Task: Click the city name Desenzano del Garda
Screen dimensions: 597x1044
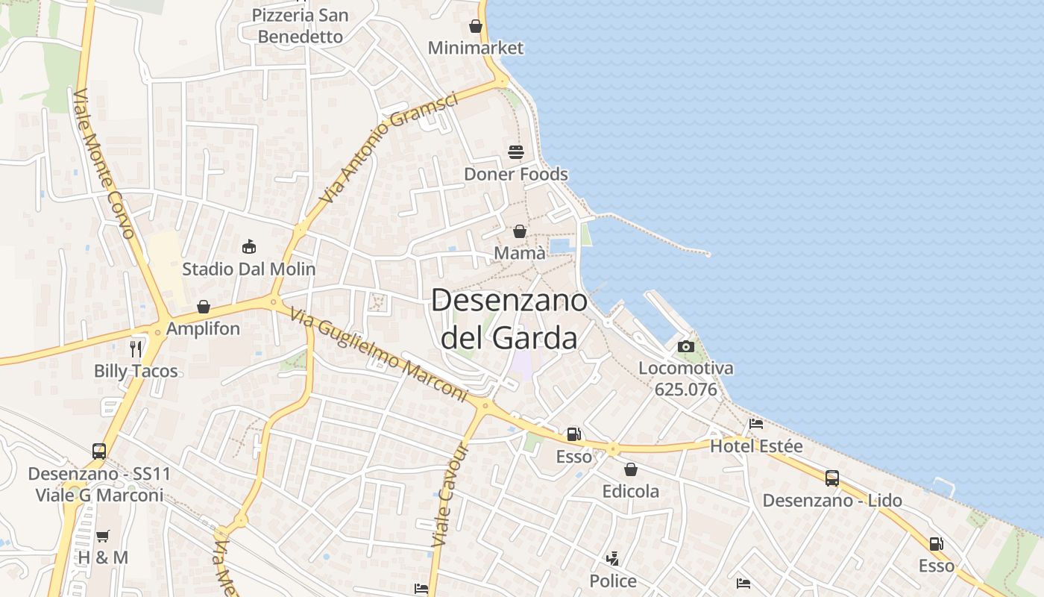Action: tap(509, 319)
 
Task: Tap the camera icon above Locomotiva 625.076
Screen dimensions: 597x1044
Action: tap(686, 346)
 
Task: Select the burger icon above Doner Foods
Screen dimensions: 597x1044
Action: tap(516, 152)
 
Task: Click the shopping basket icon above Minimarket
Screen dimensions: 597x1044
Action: tap(476, 26)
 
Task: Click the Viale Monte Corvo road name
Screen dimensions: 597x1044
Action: tap(104, 164)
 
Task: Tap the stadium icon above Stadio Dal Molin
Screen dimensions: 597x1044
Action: tap(249, 246)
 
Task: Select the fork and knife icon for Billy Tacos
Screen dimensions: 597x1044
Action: tap(136, 348)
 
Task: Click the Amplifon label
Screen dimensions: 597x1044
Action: tap(203, 328)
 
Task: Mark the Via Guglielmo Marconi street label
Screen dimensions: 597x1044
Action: tap(378, 355)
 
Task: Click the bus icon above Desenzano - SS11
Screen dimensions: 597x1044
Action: tap(99, 451)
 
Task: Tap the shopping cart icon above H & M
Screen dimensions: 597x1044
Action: tap(103, 536)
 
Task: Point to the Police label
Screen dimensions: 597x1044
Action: tap(613, 581)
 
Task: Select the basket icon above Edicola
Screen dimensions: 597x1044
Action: tap(631, 469)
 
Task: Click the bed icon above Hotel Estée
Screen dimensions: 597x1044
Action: tap(756, 424)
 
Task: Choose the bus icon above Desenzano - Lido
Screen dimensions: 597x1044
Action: tap(832, 478)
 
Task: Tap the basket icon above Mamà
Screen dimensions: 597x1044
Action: tap(520, 231)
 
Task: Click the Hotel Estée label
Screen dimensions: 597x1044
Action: tap(756, 446)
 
